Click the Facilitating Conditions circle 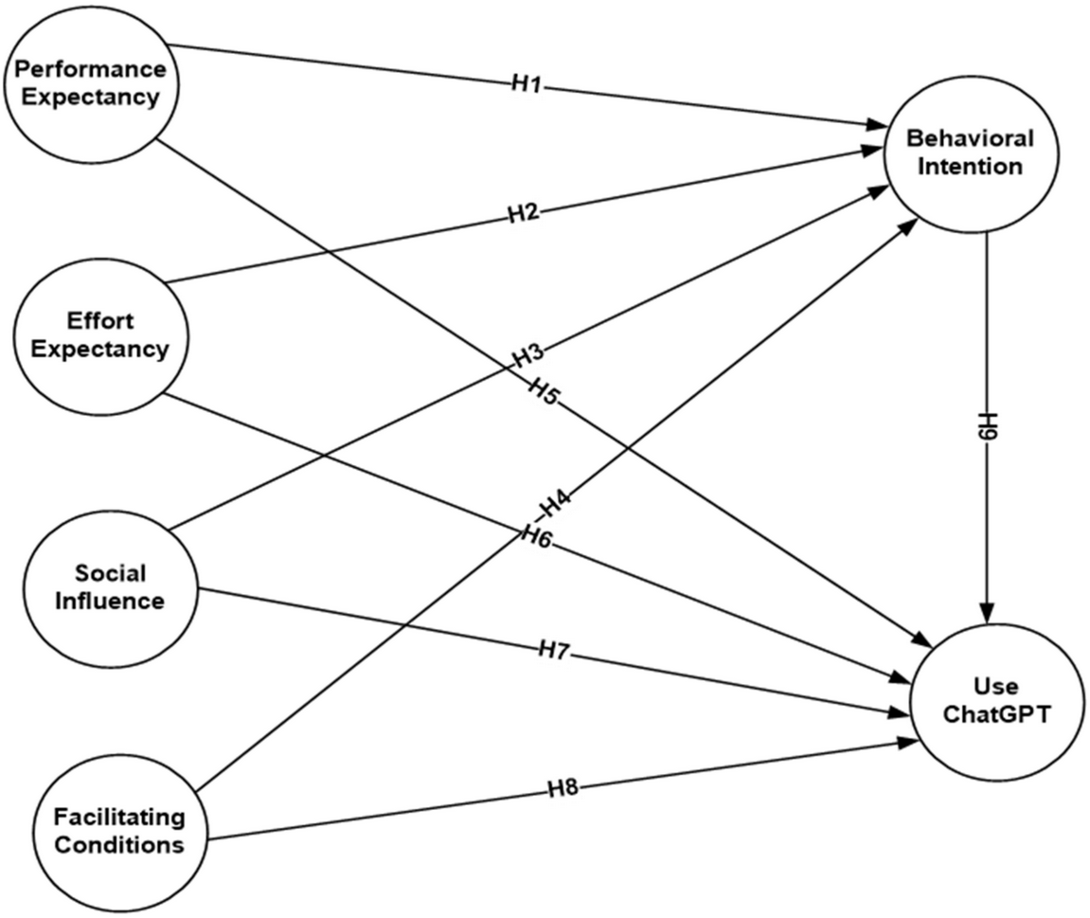coord(118,830)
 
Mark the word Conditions coord(118,844)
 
